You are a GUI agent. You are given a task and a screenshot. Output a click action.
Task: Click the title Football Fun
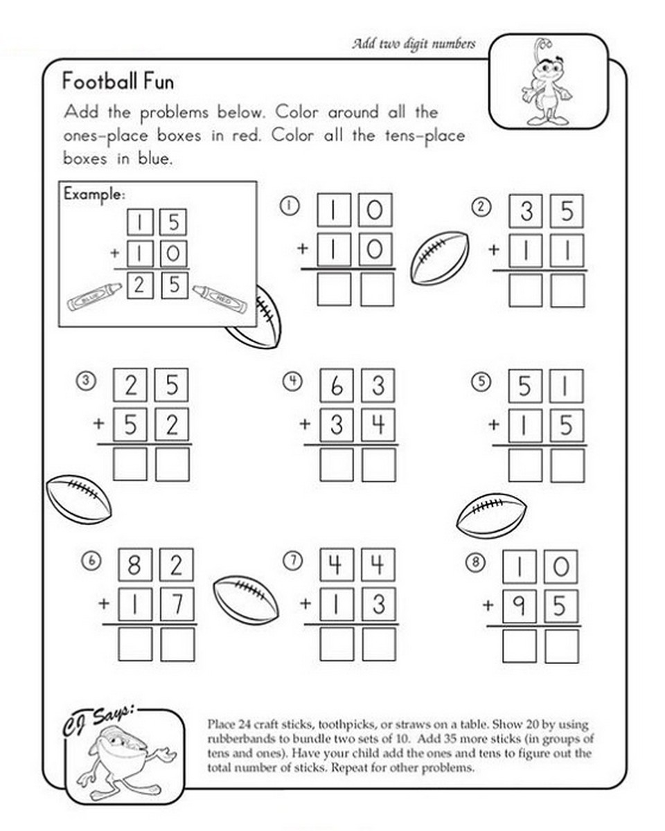[x=118, y=82]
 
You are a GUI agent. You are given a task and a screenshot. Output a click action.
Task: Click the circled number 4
[x=293, y=379]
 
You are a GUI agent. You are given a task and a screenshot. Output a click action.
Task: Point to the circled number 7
[x=293, y=562]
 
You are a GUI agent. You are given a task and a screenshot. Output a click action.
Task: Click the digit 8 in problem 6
[x=135, y=568]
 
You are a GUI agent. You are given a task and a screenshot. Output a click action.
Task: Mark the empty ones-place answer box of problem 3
[x=172, y=463]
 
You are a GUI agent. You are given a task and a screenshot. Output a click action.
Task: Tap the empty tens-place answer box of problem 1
[x=335, y=289]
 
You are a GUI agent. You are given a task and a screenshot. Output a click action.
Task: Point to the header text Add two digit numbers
[x=414, y=44]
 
